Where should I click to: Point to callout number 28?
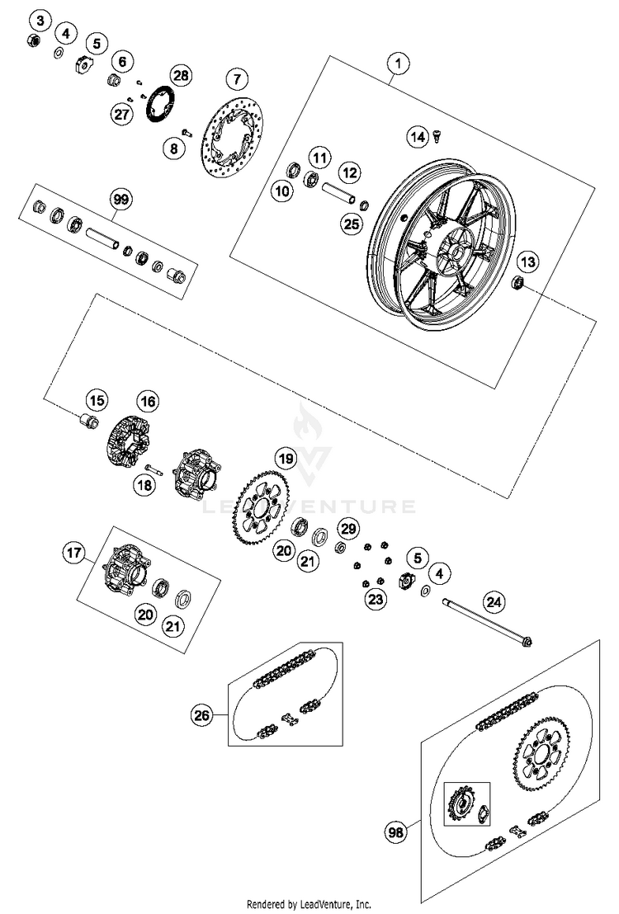coord(180,76)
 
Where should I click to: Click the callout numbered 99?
coord(121,199)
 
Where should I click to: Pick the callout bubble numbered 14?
coord(418,138)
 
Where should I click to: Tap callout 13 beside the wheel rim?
coord(527,262)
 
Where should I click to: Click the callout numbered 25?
coord(352,224)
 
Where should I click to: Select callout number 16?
coord(147,402)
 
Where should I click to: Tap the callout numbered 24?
coord(493,604)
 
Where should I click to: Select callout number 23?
coord(376,600)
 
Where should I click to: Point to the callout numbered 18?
coord(144,487)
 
